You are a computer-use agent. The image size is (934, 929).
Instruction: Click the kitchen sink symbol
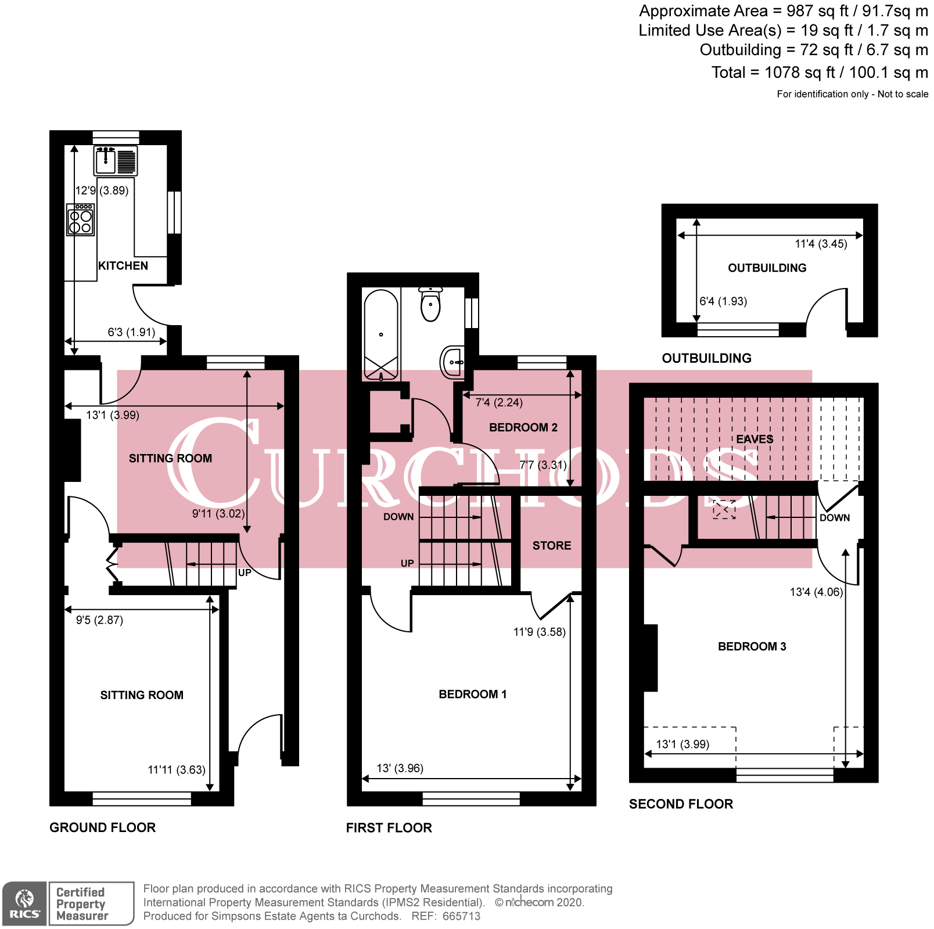(116, 160)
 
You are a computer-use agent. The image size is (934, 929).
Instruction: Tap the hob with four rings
(80, 219)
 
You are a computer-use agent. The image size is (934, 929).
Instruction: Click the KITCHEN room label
(123, 266)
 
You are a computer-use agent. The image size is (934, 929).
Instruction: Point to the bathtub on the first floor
(381, 334)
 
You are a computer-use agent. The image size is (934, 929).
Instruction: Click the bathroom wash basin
(452, 362)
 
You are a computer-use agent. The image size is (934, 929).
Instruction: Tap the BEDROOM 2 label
(523, 427)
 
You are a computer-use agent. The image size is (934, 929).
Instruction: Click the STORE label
(552, 546)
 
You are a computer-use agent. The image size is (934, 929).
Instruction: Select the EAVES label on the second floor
(755, 440)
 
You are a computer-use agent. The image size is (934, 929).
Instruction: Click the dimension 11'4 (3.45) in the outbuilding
(821, 244)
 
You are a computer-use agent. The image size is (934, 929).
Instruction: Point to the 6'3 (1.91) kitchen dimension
(131, 332)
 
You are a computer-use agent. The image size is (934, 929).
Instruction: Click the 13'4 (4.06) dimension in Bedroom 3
(816, 592)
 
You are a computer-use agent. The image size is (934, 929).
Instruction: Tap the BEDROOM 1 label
(472, 694)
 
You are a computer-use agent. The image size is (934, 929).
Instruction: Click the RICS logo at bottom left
(24, 904)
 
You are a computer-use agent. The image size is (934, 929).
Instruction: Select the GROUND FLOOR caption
(102, 827)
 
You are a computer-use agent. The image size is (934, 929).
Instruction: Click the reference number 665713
(461, 916)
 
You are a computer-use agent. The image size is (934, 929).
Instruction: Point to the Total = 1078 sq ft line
(819, 73)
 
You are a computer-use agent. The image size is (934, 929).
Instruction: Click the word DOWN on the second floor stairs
(834, 518)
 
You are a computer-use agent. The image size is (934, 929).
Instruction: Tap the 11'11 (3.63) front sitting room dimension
(176, 770)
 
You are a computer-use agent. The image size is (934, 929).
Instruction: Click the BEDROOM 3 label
(752, 647)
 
